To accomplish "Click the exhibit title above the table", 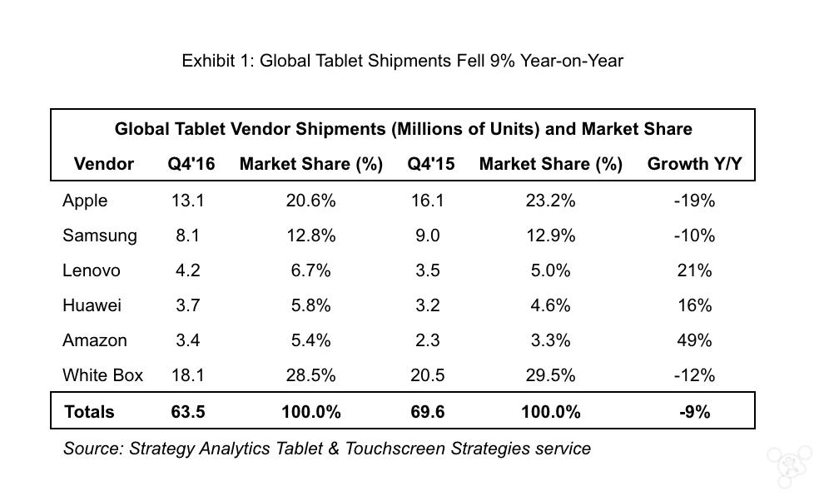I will pos(402,61).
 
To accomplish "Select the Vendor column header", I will pos(104,164).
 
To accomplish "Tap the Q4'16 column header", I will pos(191,164).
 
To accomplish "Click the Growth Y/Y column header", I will pos(694,164).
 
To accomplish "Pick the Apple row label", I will pos(85,201).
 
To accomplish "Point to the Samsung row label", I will pos(99,236).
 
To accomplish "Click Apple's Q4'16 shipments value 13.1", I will pos(188,201).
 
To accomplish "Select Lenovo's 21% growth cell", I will pos(694,270).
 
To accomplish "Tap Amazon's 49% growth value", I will pos(694,340).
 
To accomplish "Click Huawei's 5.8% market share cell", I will pos(310,305).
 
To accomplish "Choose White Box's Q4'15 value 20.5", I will pos(428,375).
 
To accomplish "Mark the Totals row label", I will pos(89,411).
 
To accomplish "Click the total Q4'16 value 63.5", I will pos(188,411).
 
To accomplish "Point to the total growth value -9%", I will pos(694,411).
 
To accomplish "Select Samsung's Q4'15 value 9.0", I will pos(428,236).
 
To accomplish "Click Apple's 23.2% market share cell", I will pos(550,201).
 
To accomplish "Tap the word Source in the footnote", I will pos(92,449).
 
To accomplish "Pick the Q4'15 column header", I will pos(431,164).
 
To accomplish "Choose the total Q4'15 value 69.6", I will pos(428,411).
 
